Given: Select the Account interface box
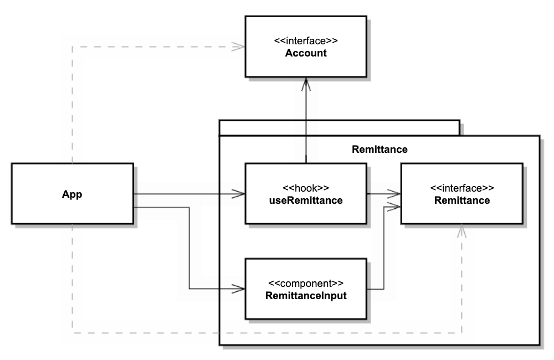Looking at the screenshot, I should pos(306,47).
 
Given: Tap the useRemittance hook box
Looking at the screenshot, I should pos(306,193).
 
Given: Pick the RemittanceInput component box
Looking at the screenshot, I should pos(306,288).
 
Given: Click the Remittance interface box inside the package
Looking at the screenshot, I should pos(461,193).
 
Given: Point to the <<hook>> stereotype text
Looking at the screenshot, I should pos(306,188).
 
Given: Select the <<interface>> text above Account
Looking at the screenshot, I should pos(306,41).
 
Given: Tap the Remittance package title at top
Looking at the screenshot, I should pos(379,149).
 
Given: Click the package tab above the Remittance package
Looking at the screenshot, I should pos(339,127).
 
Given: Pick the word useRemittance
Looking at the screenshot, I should pos(306,200).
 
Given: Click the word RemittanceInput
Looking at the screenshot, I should pos(306,295).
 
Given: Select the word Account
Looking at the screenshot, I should pos(306,54).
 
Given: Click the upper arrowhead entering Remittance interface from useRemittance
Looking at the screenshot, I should pos(395,194).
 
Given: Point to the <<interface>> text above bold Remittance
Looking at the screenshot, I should pos(461,188).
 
